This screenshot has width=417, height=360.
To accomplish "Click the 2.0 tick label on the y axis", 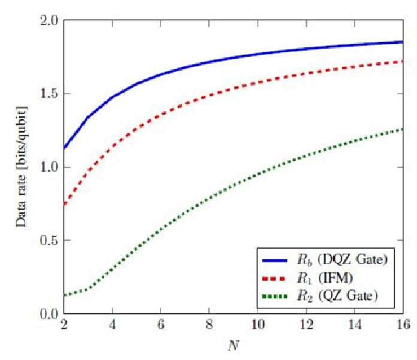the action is tap(49, 21).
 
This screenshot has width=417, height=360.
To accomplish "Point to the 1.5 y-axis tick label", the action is tap(49, 93).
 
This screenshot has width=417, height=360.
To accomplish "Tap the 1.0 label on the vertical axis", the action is tap(49, 167).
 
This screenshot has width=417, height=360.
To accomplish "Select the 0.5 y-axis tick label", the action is tap(49, 240).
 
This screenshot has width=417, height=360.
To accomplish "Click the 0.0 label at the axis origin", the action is tap(49, 314).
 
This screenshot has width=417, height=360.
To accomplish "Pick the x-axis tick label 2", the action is tap(64, 325).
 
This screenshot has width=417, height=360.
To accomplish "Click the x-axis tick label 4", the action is tap(113, 325).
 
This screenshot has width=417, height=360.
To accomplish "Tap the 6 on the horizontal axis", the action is tap(161, 325).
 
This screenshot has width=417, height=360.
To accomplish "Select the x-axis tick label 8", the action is tap(209, 325).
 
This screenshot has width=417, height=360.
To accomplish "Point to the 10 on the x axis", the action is tap(258, 325).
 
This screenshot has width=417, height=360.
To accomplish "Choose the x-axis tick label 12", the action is tap(306, 325).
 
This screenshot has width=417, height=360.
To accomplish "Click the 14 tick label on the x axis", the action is tap(355, 325).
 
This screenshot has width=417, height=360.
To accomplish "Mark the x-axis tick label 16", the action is tap(403, 325).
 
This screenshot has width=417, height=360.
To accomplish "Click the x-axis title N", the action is tap(234, 346).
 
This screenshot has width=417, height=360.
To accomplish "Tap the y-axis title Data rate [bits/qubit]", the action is tap(22, 167).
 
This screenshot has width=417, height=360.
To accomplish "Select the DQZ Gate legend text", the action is tap(353, 260).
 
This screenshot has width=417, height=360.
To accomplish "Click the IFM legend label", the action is tap(336, 279).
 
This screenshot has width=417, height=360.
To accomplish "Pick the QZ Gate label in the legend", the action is tap(348, 296).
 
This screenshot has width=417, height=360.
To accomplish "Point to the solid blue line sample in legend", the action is tap(275, 261).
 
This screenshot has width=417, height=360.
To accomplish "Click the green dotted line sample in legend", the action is tap(275, 296).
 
